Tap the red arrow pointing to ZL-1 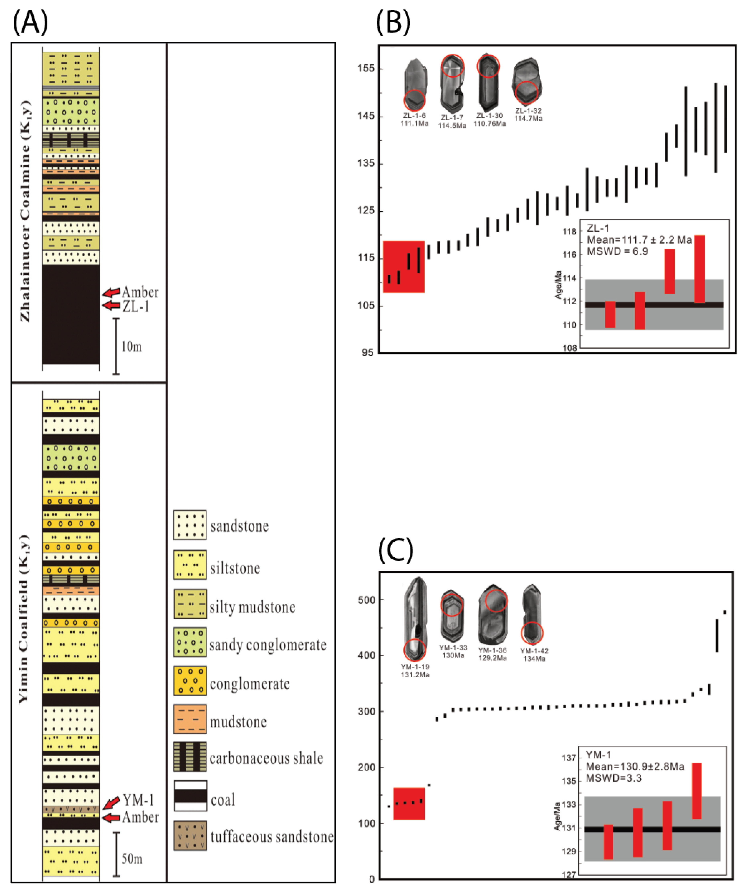[x=111, y=306]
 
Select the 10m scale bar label [x=131, y=347]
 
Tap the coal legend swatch [x=190, y=796]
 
